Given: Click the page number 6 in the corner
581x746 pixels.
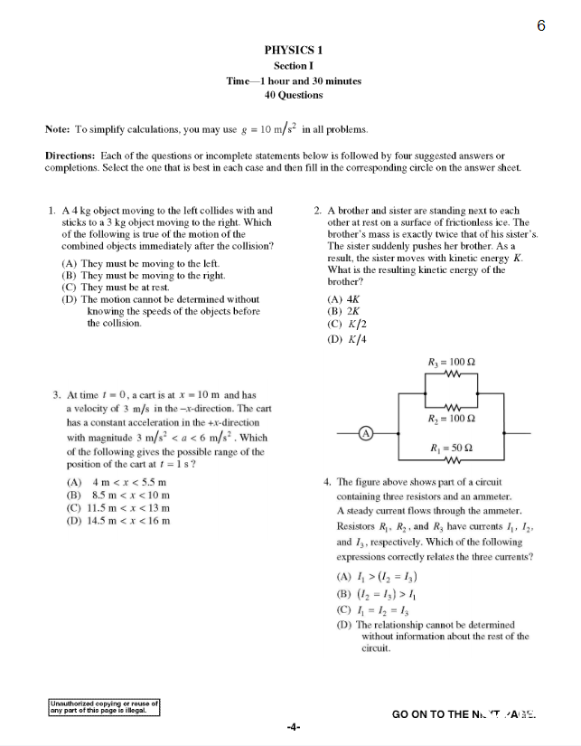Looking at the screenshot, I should point(541,25).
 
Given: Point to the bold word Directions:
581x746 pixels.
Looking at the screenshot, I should point(70,156).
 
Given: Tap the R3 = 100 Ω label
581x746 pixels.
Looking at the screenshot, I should point(451,363).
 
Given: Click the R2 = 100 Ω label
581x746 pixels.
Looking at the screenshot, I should point(451,419).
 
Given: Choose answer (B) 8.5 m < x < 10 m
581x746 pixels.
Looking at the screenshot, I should point(118,495).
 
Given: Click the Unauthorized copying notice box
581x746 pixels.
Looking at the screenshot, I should point(104,706).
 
